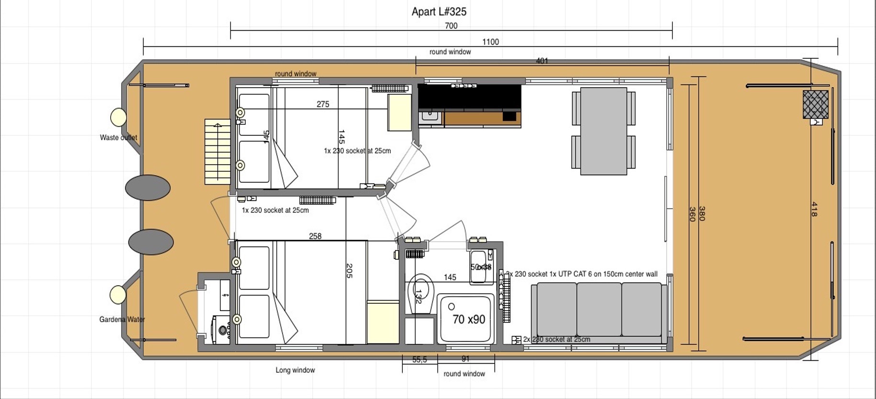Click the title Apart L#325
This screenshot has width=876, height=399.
pyautogui.click(x=439, y=11)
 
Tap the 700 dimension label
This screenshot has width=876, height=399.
pyautogui.click(x=451, y=26)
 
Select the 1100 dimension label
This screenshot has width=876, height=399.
pyautogui.click(x=490, y=42)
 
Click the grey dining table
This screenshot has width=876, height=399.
pyautogui.click(x=603, y=131)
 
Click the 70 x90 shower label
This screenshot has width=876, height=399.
pyautogui.click(x=468, y=319)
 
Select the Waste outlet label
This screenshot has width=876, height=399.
pyautogui.click(x=118, y=137)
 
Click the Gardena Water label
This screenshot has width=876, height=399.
pyautogui.click(x=122, y=319)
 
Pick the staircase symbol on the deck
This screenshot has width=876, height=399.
pyautogui.click(x=217, y=152)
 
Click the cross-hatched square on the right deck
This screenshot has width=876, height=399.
pyautogui.click(x=815, y=104)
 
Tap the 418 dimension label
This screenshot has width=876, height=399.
pyautogui.click(x=814, y=209)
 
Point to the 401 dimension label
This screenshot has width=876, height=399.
pyautogui.click(x=542, y=61)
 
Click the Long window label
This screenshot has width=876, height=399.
pyautogui.click(x=295, y=370)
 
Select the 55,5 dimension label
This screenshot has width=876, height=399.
pyautogui.click(x=419, y=359)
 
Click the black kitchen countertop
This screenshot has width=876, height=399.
pyautogui.click(x=469, y=97)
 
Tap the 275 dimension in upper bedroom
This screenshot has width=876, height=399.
pyautogui.click(x=323, y=104)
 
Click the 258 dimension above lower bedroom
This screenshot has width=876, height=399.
pyautogui.click(x=315, y=236)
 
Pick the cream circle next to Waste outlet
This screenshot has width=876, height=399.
pyautogui.click(x=118, y=117)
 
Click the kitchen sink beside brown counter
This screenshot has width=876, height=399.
pyautogui.click(x=430, y=116)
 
